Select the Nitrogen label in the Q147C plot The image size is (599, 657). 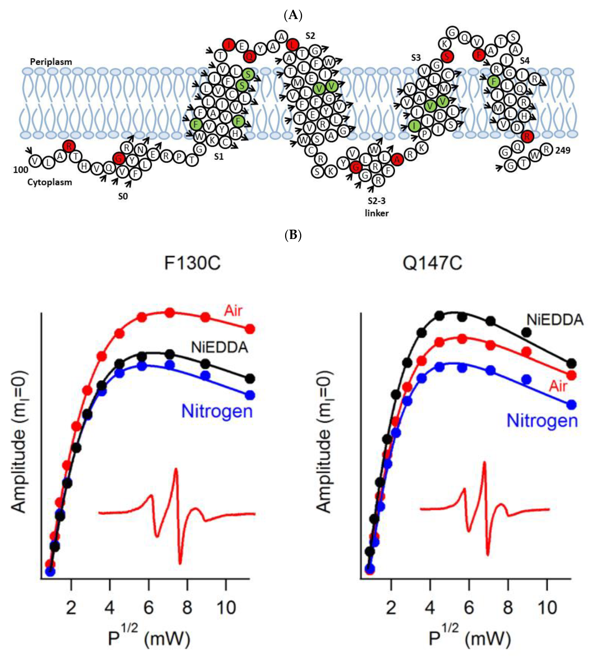pos(542,421)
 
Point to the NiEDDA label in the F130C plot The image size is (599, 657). pos(219,348)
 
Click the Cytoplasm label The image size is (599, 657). pos(50,182)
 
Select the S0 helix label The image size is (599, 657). pos(123,196)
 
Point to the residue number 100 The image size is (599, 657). pos(20,170)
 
